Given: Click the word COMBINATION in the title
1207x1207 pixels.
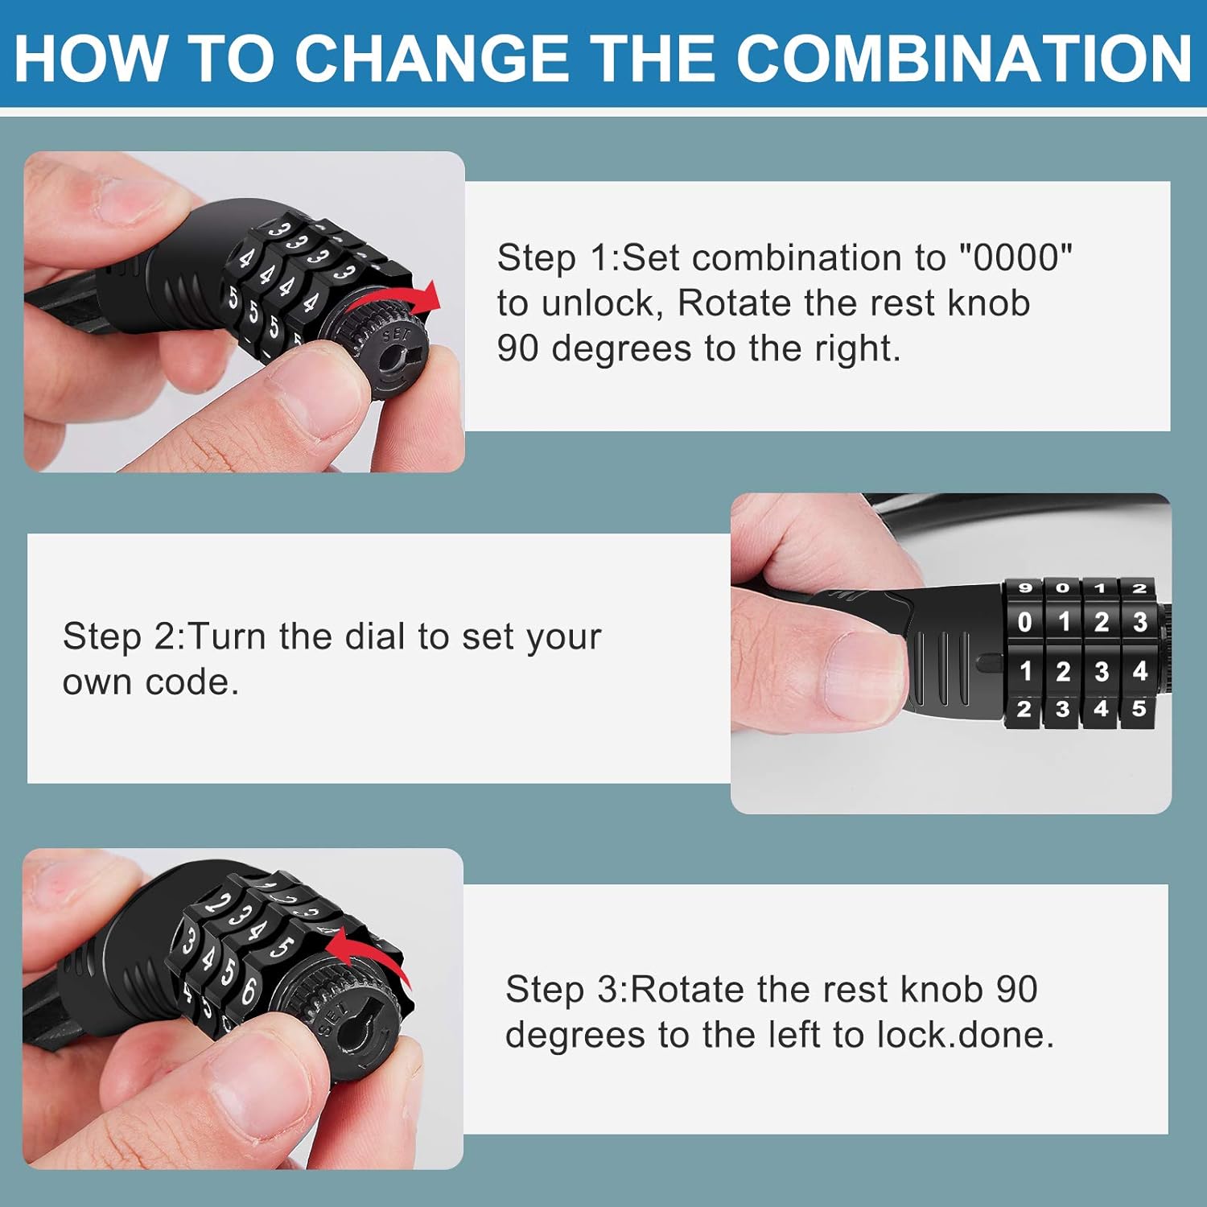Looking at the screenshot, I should [x=963, y=58].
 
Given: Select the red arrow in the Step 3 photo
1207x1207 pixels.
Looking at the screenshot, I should [x=370, y=952].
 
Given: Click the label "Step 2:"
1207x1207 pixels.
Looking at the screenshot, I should [x=124, y=636].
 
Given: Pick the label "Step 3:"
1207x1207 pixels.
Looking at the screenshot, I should [x=566, y=989].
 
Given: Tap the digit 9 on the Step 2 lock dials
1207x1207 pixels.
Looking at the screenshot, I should [x=1024, y=588].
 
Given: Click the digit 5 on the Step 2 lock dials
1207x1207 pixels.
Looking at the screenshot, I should [x=1139, y=709].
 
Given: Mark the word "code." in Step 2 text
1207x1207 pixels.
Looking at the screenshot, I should [x=191, y=682].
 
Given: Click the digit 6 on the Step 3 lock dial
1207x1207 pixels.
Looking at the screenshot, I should [x=248, y=990].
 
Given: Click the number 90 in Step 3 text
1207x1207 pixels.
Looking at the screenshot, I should [x=1016, y=989].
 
